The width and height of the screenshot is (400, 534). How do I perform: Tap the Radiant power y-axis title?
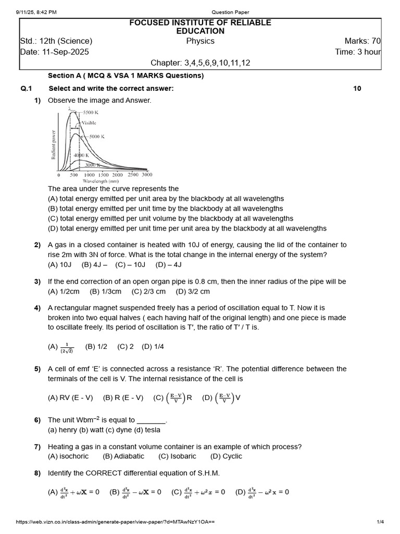[x=53, y=144]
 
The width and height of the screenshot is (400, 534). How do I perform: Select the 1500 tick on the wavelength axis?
[x=103, y=175]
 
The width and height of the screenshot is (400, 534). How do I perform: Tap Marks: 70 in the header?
[x=362, y=41]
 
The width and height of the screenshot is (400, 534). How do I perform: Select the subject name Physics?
[x=201, y=41]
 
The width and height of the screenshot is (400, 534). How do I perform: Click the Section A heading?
[x=126, y=76]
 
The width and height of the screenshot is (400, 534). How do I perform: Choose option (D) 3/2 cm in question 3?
[x=193, y=292]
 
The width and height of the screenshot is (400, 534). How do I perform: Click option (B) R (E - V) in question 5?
[x=123, y=397]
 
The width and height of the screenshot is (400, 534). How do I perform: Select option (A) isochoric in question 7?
[x=68, y=456]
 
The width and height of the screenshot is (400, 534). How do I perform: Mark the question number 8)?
[x=37, y=473]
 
